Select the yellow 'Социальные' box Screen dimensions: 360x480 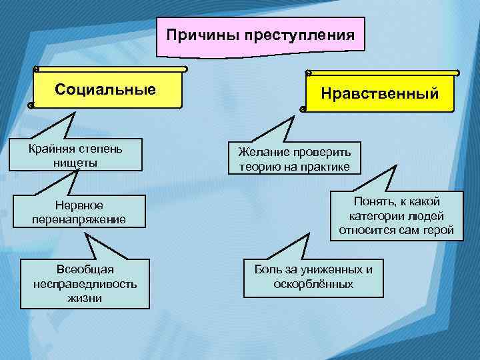107,88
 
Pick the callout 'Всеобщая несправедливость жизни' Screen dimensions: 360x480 85,283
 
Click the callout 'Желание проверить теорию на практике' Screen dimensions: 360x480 293,158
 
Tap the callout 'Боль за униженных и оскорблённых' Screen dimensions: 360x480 313,277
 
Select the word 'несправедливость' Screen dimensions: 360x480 85,284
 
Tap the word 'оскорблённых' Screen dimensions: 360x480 313,285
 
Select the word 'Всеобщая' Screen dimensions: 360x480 85,269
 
